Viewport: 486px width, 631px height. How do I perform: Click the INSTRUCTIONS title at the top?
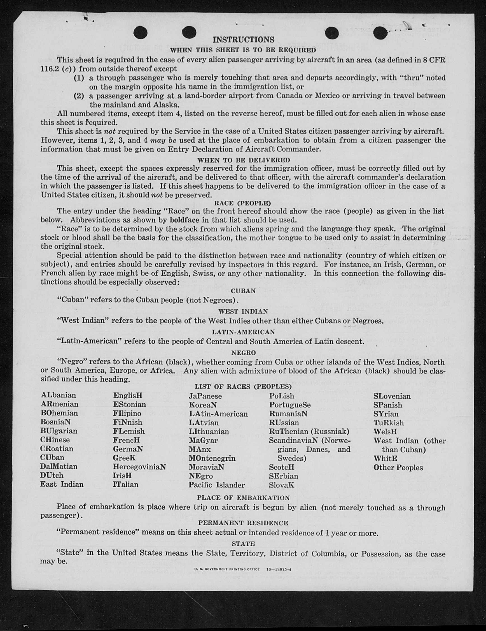243,40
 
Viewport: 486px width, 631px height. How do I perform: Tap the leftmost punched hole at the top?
141,33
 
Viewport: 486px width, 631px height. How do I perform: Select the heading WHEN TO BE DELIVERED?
243,160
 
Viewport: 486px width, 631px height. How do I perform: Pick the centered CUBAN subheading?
243,291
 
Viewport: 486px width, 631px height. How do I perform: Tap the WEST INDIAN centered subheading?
243,312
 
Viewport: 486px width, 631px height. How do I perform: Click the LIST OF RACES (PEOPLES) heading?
243,387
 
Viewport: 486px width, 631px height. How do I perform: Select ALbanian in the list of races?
58,395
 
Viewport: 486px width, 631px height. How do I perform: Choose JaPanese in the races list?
205,396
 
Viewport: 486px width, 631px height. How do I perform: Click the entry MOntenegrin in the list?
212,458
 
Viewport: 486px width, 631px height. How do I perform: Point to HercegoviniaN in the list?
139,467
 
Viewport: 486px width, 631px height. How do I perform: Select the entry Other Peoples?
398,467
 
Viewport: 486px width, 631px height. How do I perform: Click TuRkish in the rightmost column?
389,423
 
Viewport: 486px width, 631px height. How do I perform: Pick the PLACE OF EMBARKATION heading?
243,498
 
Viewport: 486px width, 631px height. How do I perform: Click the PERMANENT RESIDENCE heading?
243,523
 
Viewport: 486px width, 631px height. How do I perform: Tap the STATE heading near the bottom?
243,544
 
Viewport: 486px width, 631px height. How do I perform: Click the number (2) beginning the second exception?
78,96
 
